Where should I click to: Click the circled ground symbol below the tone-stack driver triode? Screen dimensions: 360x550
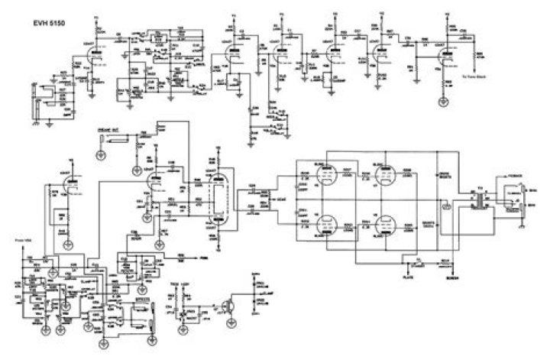[442, 101]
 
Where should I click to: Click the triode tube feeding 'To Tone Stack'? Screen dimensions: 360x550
[444, 48]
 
